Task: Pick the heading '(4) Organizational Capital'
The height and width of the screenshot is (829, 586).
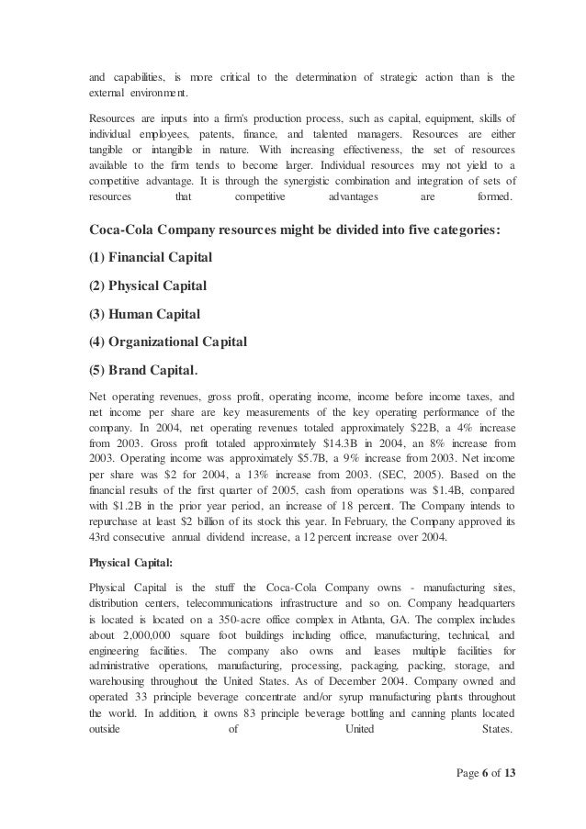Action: click(x=170, y=343)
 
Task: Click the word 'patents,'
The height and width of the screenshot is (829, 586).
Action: click(x=186, y=135)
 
